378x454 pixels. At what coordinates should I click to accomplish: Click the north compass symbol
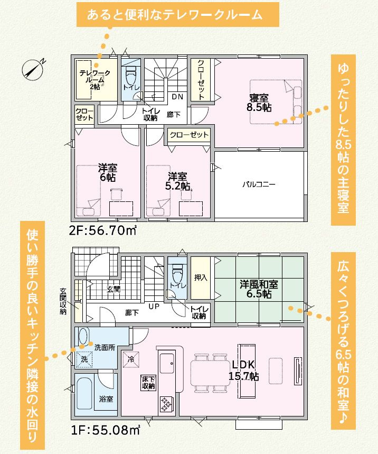[34, 69]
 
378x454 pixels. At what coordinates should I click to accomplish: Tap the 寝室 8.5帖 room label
[260, 102]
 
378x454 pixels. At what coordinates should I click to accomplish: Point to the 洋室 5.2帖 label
[177, 181]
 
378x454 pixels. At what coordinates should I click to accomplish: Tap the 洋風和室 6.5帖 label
[259, 289]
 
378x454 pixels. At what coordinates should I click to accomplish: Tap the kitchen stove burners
[167, 404]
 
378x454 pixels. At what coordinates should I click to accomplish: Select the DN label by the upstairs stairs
[178, 97]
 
